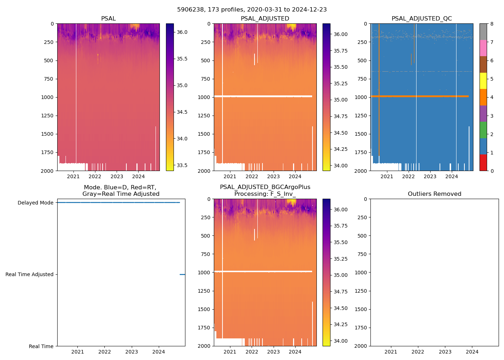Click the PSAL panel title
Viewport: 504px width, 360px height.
tap(108, 18)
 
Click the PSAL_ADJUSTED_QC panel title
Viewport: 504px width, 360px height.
tap(422, 18)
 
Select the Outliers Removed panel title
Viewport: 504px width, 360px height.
tap(435, 194)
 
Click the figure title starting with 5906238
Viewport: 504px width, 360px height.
tap(252, 10)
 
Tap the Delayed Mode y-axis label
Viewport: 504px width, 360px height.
tap(35, 203)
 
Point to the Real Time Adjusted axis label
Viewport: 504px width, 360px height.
tap(29, 274)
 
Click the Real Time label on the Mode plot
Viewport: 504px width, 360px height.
tap(41, 346)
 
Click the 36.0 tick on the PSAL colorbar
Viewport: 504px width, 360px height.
tap(182, 32)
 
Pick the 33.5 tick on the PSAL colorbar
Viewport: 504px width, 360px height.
tap(182, 165)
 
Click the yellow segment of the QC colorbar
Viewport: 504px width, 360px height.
tap(483, 81)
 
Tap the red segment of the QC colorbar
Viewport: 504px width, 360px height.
tap(483, 162)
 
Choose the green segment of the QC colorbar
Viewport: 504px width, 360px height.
tap(483, 130)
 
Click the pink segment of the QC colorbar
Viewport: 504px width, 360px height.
tap(483, 48)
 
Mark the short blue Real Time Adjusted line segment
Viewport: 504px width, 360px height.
tap(182, 274)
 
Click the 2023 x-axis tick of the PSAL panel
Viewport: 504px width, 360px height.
tap(117, 176)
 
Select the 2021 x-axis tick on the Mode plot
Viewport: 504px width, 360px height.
tap(77, 352)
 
